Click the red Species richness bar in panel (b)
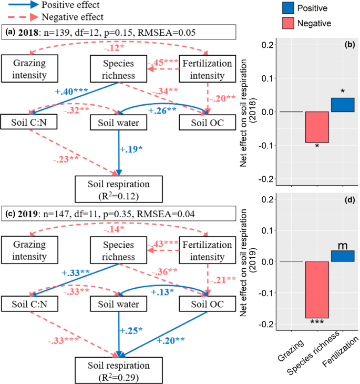(x=317, y=127)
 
